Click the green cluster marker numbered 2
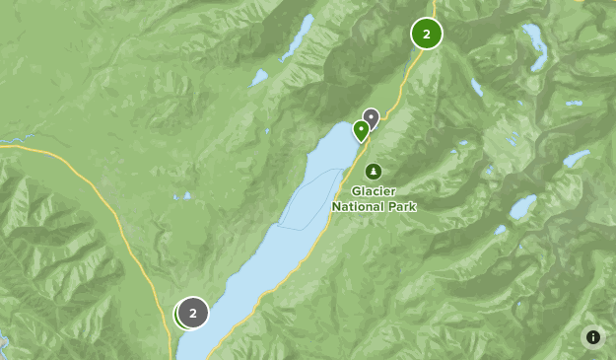pos(426,34)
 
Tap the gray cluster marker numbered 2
pos(193,314)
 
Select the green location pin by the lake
pos(362,130)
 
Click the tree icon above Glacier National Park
pos(373,171)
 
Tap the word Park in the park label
pos(403,207)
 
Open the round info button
pos(593,337)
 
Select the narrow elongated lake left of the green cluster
pos(297,37)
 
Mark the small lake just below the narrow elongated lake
pos(259,76)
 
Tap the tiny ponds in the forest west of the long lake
pos(183,195)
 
